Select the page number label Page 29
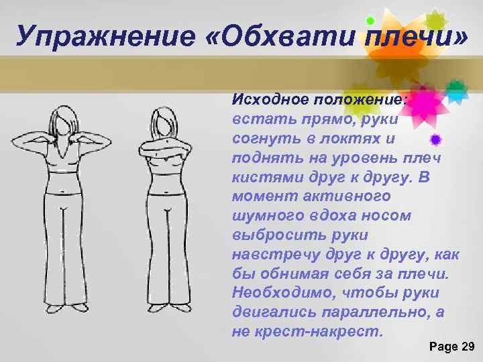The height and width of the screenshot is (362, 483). pos(451,346)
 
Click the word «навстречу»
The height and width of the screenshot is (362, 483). pos(275,255)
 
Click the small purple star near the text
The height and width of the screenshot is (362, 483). pos(435,139)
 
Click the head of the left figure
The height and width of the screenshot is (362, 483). pos(64,120)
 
